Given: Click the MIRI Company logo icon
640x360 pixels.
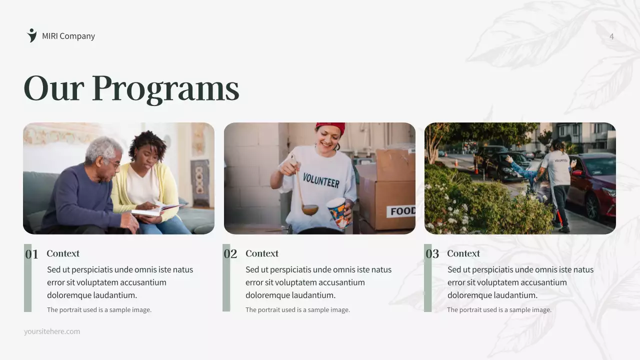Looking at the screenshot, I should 32,35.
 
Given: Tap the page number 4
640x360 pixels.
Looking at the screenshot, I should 611,36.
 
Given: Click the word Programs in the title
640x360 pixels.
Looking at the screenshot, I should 165,88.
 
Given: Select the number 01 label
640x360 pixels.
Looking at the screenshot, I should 31,254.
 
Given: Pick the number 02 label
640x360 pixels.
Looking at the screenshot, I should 230,254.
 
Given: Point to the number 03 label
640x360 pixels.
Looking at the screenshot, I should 432,254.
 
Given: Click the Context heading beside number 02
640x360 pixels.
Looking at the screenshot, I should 262,253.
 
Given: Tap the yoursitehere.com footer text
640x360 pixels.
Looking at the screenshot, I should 52,331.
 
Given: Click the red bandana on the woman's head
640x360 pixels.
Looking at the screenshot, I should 331,127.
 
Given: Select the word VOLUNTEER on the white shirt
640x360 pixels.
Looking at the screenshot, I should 320,180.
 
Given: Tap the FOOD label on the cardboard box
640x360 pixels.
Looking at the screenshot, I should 402,211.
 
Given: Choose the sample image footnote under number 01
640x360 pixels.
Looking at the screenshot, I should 99,310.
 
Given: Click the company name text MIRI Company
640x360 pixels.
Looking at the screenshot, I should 68,36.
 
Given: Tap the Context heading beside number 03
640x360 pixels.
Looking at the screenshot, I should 463,253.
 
